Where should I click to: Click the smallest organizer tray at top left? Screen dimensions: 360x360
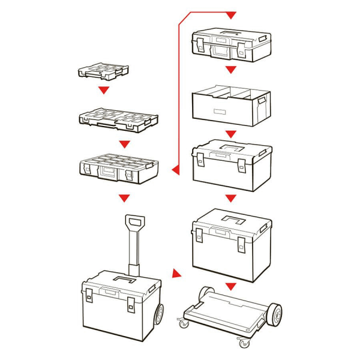click(103, 71)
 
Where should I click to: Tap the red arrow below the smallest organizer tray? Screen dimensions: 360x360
click(104, 90)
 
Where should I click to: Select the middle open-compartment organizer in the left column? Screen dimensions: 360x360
click(118, 119)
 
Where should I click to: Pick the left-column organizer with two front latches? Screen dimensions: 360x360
click(119, 169)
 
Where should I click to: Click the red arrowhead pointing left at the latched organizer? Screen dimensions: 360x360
click(175, 171)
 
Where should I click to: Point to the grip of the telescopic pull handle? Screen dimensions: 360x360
click(136, 222)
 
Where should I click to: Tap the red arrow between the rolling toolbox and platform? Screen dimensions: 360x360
click(176, 274)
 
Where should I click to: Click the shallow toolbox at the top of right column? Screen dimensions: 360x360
click(230, 45)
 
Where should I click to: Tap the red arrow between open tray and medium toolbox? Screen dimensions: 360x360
click(230, 133)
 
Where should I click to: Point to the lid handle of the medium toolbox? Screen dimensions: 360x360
click(231, 147)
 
